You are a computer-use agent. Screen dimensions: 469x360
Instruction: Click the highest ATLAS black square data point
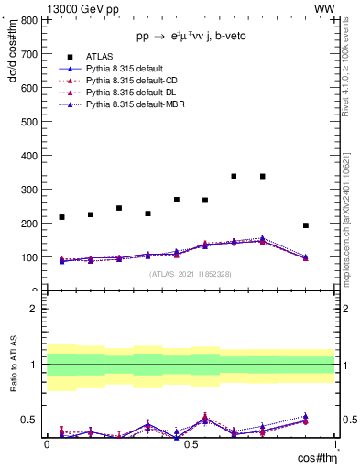coord(234,176)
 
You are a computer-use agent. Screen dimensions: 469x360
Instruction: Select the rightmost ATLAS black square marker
coord(306,225)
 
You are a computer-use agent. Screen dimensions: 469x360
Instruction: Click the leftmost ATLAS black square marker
coord(61,217)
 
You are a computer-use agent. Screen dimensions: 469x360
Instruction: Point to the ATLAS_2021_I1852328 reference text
coord(191,274)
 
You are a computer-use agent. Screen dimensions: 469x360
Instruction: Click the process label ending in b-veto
coord(190,36)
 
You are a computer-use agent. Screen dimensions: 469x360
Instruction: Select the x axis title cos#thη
coord(316,458)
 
